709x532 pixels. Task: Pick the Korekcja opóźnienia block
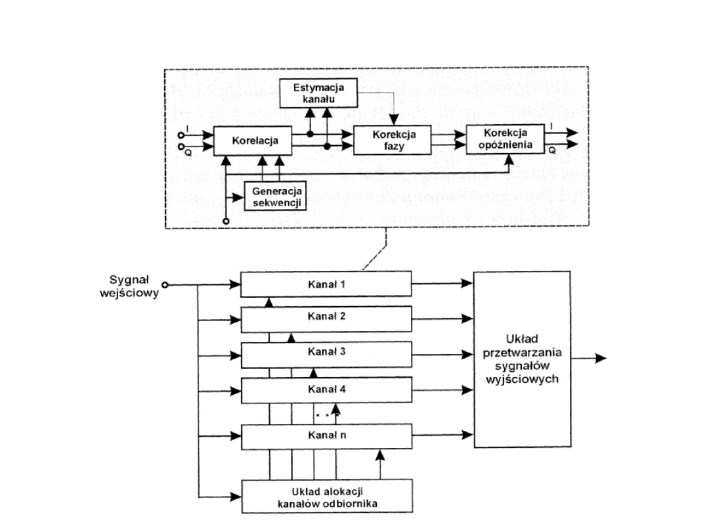503,139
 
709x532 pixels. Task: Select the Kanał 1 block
326,284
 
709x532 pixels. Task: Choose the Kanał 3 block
326,351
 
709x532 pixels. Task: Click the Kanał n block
326,435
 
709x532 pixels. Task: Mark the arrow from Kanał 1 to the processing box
443,284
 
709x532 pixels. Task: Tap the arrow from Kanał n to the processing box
443,434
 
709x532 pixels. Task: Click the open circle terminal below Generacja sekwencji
226,221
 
